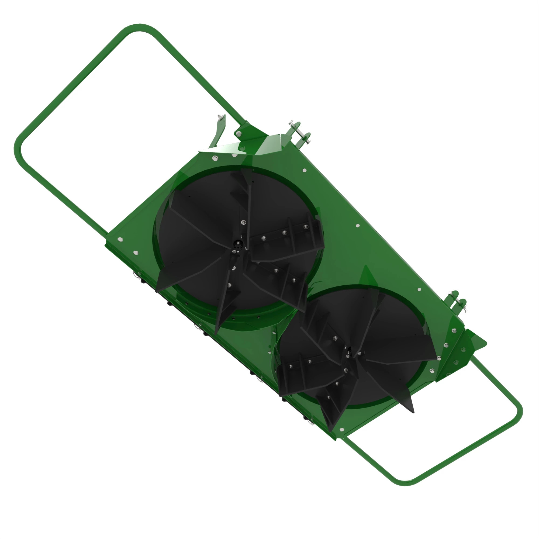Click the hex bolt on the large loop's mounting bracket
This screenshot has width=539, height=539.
pos(239,134)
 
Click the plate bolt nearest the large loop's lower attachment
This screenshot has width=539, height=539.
pos(120,239)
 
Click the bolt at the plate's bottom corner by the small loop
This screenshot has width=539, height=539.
pos(342,429)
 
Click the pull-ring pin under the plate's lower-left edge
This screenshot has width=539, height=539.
pos(136,275)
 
